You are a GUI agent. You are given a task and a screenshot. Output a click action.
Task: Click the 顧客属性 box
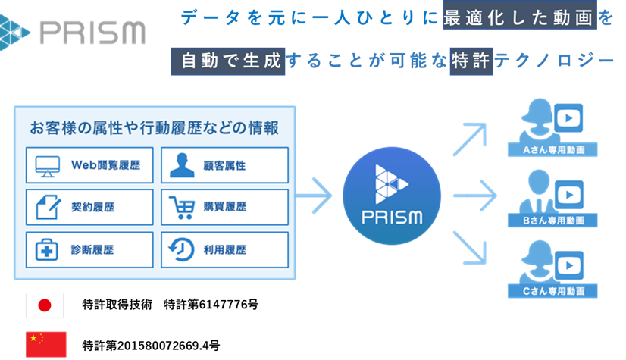(224, 164)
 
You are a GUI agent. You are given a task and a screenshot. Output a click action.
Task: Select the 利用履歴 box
(224, 249)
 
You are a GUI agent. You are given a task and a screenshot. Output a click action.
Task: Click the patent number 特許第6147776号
(211, 305)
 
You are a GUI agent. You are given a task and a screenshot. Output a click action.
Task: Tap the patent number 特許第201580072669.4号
(151, 346)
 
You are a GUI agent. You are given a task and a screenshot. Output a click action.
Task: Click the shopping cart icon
(182, 206)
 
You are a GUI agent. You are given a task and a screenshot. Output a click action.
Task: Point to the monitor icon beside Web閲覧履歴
(46, 164)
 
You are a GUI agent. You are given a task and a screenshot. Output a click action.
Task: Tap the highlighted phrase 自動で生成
(228, 61)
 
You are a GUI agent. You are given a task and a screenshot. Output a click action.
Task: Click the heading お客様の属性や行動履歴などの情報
(153, 127)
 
